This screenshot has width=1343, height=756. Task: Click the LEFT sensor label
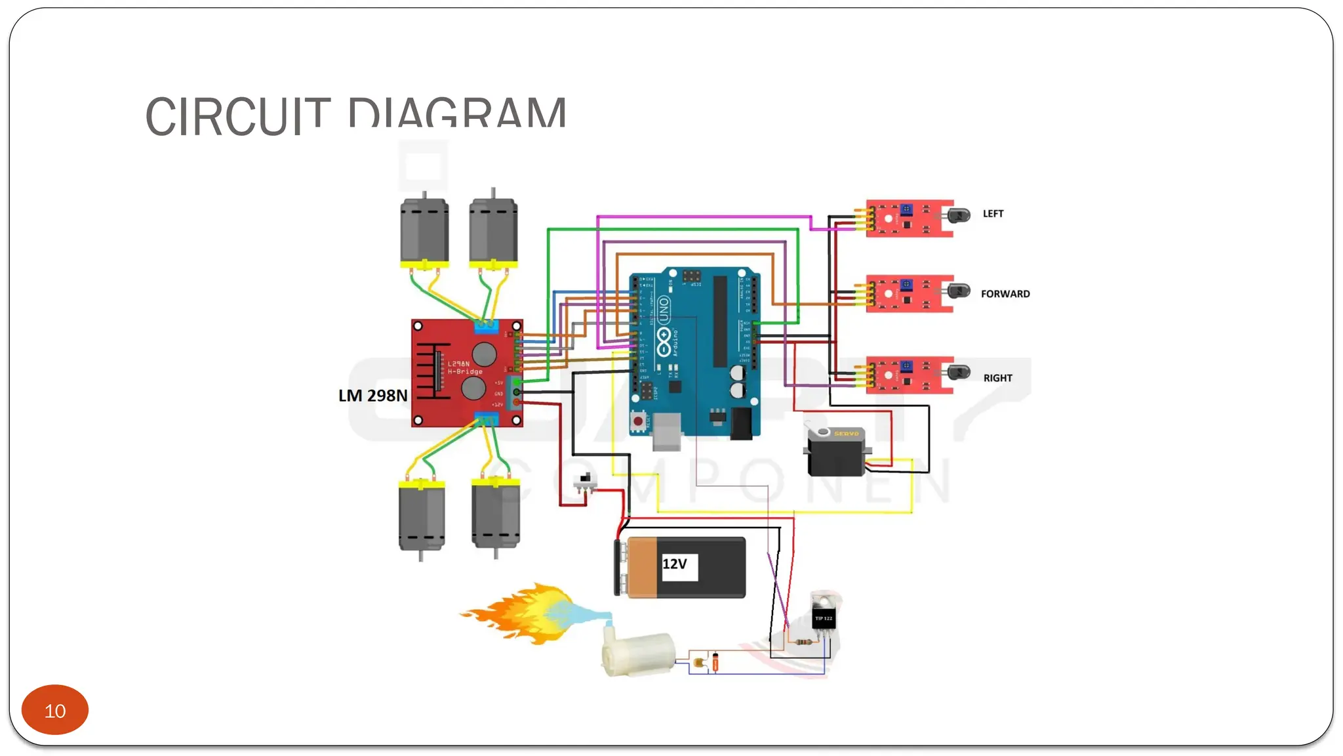(x=993, y=214)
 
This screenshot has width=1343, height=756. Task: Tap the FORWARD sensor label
(x=1005, y=294)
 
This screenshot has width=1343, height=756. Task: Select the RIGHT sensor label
(x=997, y=378)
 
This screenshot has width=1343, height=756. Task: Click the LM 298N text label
(x=372, y=396)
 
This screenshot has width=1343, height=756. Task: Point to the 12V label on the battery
(x=675, y=564)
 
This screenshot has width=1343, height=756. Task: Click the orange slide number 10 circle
(x=55, y=710)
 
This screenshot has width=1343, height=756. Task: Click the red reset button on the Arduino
(x=638, y=421)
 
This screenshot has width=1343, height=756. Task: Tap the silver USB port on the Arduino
(x=667, y=431)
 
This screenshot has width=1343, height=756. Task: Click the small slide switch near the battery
(x=584, y=483)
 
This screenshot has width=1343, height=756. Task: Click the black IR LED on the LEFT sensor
(x=959, y=215)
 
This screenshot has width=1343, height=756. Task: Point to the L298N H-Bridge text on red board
(x=464, y=367)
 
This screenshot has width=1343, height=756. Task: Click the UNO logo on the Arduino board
(x=664, y=310)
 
